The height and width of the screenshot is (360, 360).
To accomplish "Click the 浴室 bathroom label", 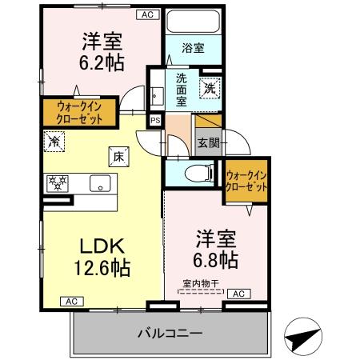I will pyautogui.click(x=192, y=48).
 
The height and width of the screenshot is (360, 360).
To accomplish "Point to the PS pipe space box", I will pyautogui.click(x=154, y=120).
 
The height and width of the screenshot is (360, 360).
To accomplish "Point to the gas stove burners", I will pyautogui.click(x=58, y=182).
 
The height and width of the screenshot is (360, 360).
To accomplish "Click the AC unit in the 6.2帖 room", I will pyautogui.click(x=147, y=14).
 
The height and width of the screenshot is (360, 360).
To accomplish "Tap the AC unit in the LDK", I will pyautogui.click(x=70, y=302).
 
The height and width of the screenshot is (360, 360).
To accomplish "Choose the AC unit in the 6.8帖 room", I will pyautogui.click(x=238, y=294).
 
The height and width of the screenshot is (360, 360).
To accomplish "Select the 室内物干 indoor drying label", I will pyautogui.click(x=199, y=282).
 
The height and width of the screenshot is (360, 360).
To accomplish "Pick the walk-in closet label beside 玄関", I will pyautogui.click(x=245, y=180).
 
